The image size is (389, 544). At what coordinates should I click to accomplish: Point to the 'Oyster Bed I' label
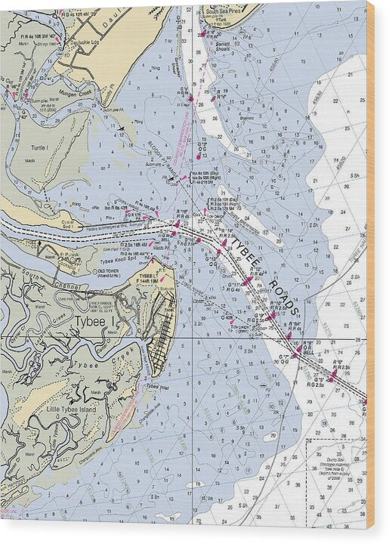[72, 226]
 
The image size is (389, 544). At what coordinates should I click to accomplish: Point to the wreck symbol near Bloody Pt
[121, 128]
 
